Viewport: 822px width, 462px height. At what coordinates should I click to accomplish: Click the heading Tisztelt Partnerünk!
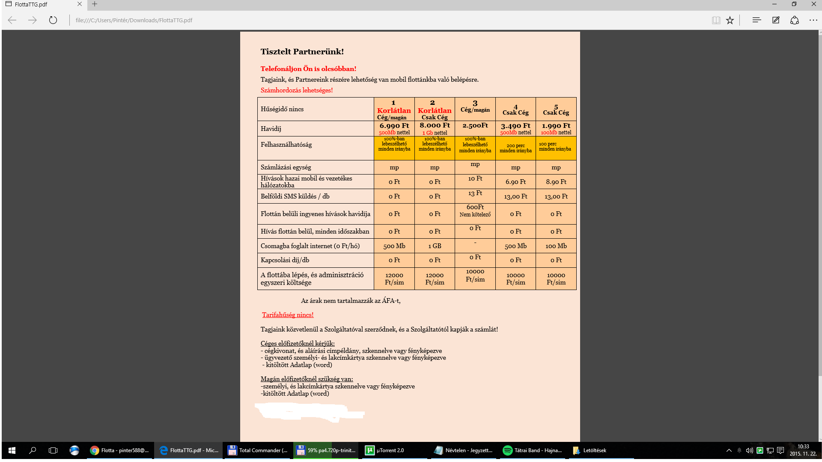tap(302, 52)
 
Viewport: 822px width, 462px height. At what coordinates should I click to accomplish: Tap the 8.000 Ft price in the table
tap(435, 125)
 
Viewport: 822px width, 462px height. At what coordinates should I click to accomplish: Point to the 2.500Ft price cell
tap(475, 126)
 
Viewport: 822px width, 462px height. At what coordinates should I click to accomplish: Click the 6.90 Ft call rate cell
tap(515, 182)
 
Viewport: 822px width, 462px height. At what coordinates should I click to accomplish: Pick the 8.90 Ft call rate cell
tap(556, 182)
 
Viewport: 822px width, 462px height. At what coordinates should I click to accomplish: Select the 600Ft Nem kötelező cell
tap(475, 210)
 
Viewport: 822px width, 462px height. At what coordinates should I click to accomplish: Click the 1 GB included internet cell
tap(435, 246)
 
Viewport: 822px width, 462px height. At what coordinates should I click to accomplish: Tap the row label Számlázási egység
tap(286, 167)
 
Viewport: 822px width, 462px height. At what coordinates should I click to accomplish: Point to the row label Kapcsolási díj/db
tap(285, 260)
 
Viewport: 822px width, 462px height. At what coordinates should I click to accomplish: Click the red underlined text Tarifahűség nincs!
tap(288, 315)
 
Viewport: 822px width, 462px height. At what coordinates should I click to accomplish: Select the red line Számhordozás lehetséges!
tap(296, 90)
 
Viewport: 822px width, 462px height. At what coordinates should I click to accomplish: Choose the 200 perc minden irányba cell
tap(515, 148)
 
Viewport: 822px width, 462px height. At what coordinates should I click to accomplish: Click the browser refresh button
tap(53, 20)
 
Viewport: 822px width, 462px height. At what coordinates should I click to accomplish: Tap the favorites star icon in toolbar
tap(730, 20)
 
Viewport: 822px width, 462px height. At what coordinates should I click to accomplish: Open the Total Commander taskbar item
tap(258, 450)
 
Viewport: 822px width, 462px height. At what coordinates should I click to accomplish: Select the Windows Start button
tap(12, 450)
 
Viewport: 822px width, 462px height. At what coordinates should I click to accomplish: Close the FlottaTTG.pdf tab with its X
tap(80, 4)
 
